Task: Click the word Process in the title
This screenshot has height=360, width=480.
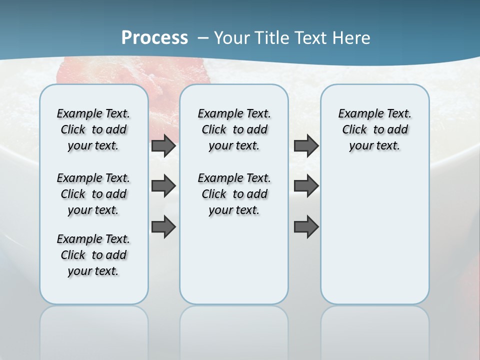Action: pyautogui.click(x=154, y=37)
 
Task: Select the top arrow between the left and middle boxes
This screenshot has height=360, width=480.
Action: pyautogui.click(x=163, y=146)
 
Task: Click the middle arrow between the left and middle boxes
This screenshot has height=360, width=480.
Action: pyautogui.click(x=163, y=186)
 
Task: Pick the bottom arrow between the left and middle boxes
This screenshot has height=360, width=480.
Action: pyautogui.click(x=163, y=226)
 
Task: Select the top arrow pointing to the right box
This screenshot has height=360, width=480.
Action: pyautogui.click(x=306, y=145)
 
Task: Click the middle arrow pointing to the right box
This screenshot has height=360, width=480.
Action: pyautogui.click(x=306, y=186)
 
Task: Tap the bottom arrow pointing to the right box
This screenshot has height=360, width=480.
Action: pyautogui.click(x=306, y=226)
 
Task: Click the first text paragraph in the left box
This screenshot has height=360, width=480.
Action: pyautogui.click(x=93, y=129)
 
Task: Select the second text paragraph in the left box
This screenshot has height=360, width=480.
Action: pyautogui.click(x=93, y=194)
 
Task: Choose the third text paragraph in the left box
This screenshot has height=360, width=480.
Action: pyautogui.click(x=93, y=255)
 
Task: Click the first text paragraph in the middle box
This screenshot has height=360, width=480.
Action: pyautogui.click(x=234, y=129)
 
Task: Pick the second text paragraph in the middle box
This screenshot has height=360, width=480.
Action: pyautogui.click(x=234, y=194)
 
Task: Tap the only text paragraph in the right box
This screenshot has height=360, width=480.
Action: pyautogui.click(x=374, y=129)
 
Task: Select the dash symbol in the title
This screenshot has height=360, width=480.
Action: pyautogui.click(x=203, y=38)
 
